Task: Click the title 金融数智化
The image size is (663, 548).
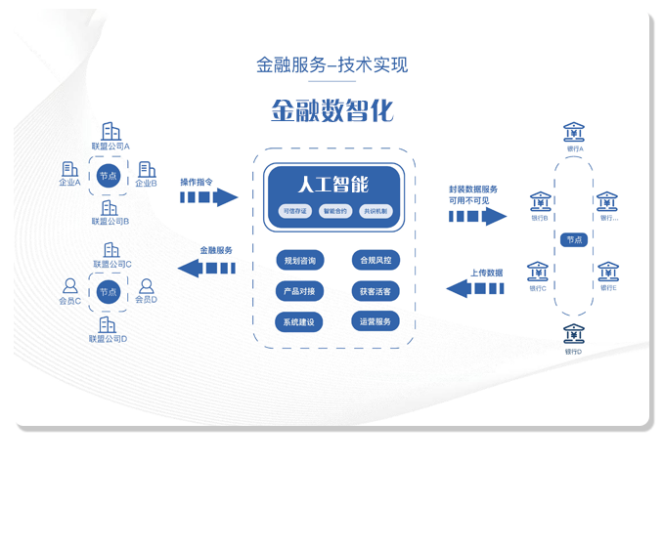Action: point(331,110)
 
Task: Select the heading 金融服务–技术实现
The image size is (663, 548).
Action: point(331,65)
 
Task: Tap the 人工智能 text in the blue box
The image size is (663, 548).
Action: point(332,184)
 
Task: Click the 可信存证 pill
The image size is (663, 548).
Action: point(293,211)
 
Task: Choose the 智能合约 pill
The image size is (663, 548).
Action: point(334,211)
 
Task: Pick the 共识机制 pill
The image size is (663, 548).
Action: point(375,211)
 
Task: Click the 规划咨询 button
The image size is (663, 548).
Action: point(299,261)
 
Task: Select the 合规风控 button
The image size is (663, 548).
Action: point(376,261)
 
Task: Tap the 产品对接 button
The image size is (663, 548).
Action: point(299,291)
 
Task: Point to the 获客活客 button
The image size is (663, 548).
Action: point(376,291)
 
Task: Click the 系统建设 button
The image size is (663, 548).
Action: point(299,321)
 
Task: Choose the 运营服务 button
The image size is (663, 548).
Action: point(376,321)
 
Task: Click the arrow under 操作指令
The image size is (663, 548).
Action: point(208,197)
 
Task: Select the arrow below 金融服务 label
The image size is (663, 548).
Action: point(205,267)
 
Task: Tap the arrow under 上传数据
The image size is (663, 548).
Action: point(474,288)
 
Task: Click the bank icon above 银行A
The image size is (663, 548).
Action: point(574,131)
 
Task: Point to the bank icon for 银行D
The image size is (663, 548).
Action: point(574,332)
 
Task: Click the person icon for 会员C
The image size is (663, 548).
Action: point(70,286)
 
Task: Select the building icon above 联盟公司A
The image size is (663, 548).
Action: point(111,131)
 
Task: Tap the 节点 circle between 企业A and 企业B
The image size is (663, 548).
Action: point(108,177)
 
